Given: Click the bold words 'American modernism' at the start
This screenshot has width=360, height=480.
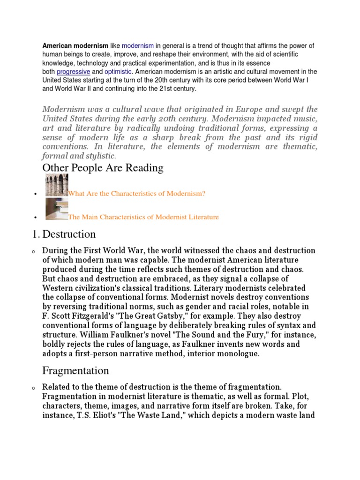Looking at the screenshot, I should [75, 46].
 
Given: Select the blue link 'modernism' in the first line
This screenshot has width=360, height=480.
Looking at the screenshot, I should [138, 46].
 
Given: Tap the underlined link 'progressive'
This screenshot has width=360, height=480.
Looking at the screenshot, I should [73, 72].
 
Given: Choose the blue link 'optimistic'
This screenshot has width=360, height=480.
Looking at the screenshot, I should [118, 72].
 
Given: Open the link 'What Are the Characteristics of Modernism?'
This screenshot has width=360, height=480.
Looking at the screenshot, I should [137, 193].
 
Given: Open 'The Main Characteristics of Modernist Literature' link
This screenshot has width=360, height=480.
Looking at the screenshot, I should [143, 217].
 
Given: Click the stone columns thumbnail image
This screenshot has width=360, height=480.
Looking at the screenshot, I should [57, 185].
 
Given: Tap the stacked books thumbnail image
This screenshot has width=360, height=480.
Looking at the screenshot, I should [57, 210].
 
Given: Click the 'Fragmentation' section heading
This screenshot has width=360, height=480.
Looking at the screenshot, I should [75, 371].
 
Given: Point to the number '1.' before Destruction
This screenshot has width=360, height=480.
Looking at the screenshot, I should [46, 234].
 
